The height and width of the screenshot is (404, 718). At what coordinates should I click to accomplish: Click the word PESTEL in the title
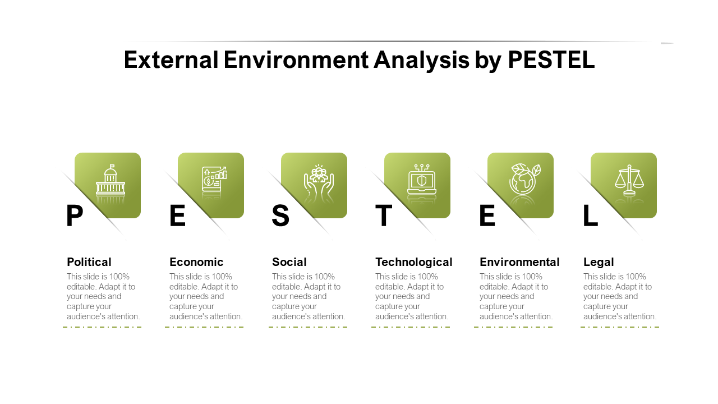coord(551,59)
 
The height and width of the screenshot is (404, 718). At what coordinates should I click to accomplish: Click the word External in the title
coord(171,59)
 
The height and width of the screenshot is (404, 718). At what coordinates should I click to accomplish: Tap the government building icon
coord(111,180)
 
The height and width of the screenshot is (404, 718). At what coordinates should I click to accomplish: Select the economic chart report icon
coord(214,179)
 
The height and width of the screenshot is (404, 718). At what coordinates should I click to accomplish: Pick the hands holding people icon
coord(319,179)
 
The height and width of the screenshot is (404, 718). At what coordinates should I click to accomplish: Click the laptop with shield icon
coord(421,179)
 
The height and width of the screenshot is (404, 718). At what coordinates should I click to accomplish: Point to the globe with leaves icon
coord(524,179)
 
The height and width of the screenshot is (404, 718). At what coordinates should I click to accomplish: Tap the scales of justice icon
coord(629,180)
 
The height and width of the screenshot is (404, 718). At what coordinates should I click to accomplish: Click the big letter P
coord(75,215)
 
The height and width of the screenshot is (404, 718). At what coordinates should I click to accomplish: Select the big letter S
coord(280,215)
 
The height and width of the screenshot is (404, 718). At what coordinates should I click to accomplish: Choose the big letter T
coord(384,215)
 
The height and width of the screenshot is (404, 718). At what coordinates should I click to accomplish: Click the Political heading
coord(89,262)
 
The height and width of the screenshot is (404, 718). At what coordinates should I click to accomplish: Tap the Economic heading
coord(196,262)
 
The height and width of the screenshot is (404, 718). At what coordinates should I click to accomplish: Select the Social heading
coord(289,262)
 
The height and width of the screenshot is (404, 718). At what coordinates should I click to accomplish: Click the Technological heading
coord(414,262)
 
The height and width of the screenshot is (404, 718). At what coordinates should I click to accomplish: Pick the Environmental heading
coord(519,262)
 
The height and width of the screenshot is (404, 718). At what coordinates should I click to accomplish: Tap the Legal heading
coord(599,262)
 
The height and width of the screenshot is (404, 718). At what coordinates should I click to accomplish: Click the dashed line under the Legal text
coord(620,327)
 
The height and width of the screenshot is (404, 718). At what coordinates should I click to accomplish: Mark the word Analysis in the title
coord(421,60)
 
